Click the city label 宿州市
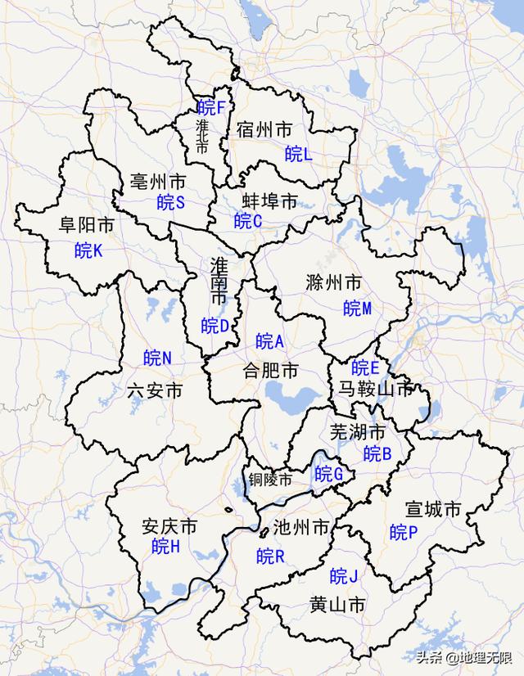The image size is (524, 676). [264, 129]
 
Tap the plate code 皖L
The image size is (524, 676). [299, 153]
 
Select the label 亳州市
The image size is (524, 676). [158, 180]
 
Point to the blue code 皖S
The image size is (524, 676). [171, 202]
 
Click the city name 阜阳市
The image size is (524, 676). [86, 225]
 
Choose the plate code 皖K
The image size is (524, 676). [88, 250]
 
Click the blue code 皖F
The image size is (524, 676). [211, 106]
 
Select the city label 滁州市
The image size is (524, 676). [332, 284]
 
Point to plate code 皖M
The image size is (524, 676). [358, 309]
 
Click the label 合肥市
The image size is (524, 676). [270, 370]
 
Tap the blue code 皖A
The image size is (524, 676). [270, 341]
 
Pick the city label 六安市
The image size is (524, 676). [155, 390]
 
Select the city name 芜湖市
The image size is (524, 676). [357, 431]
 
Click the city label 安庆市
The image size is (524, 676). [169, 525]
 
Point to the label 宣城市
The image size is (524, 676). [433, 510]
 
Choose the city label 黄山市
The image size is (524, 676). [337, 605]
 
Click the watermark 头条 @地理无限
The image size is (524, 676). [463, 657]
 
